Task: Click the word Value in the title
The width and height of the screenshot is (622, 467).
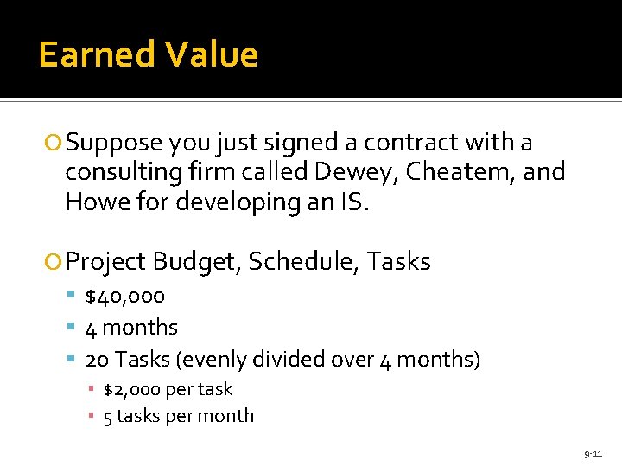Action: [x=212, y=55]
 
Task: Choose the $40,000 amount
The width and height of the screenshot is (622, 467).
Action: [x=125, y=297]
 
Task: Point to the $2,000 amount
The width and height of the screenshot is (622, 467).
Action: [x=133, y=390]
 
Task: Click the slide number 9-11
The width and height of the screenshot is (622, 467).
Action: [x=593, y=453]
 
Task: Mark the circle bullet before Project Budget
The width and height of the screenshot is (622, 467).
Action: [x=55, y=262]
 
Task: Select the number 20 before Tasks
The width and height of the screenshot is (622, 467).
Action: [x=97, y=359]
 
